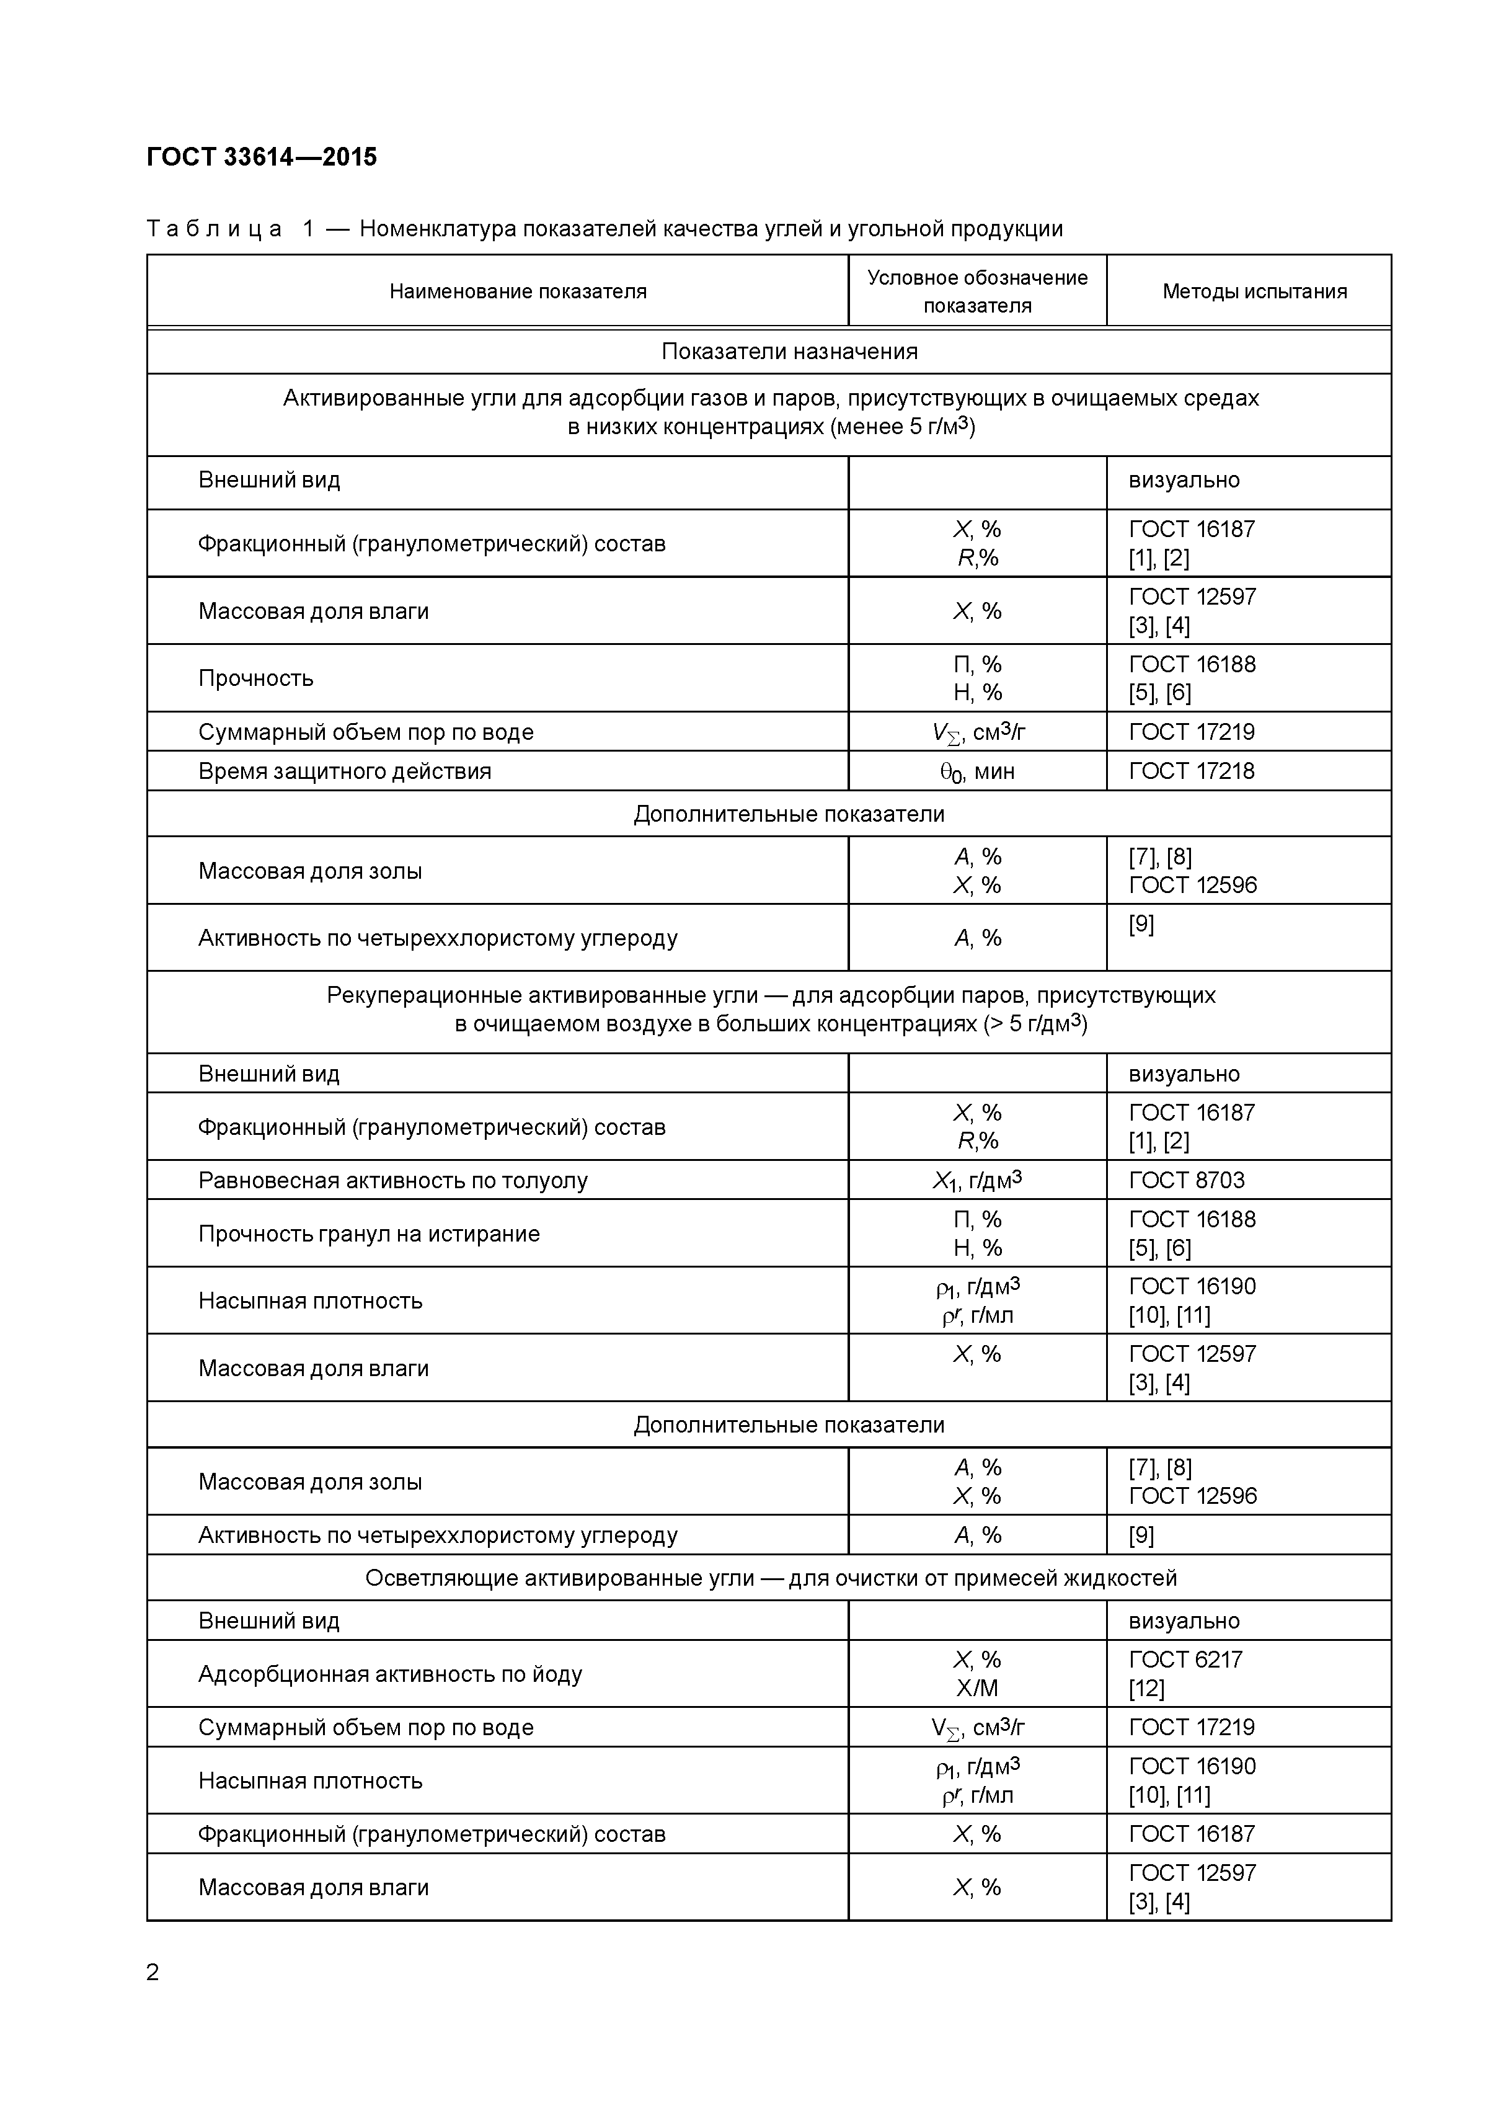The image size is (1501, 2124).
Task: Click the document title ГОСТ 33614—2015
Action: pyautogui.click(x=262, y=158)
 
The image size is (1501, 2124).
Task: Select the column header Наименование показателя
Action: pyautogui.click(x=517, y=291)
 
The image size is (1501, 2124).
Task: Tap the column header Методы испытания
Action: pyautogui.click(x=1254, y=291)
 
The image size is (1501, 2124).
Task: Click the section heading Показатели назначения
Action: pyautogui.click(x=789, y=352)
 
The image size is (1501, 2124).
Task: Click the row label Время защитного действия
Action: pyautogui.click(x=344, y=771)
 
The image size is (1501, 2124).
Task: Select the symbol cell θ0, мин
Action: pyautogui.click(x=976, y=771)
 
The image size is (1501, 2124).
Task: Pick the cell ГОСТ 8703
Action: pyautogui.click(x=1187, y=1180)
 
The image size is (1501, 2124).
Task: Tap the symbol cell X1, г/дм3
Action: pyautogui.click(x=976, y=1180)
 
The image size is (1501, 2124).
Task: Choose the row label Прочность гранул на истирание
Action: pyautogui.click(x=368, y=1233)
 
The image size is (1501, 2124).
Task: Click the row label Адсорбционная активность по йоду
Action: pyautogui.click(x=389, y=1674)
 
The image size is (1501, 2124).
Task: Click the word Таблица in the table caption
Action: pyautogui.click(x=214, y=228)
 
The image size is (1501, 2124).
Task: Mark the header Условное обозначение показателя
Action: pyautogui.click(x=976, y=291)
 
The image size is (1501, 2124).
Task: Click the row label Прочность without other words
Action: pyautogui.click(x=255, y=678)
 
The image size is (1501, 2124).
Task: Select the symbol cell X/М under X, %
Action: pyautogui.click(x=976, y=1688)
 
